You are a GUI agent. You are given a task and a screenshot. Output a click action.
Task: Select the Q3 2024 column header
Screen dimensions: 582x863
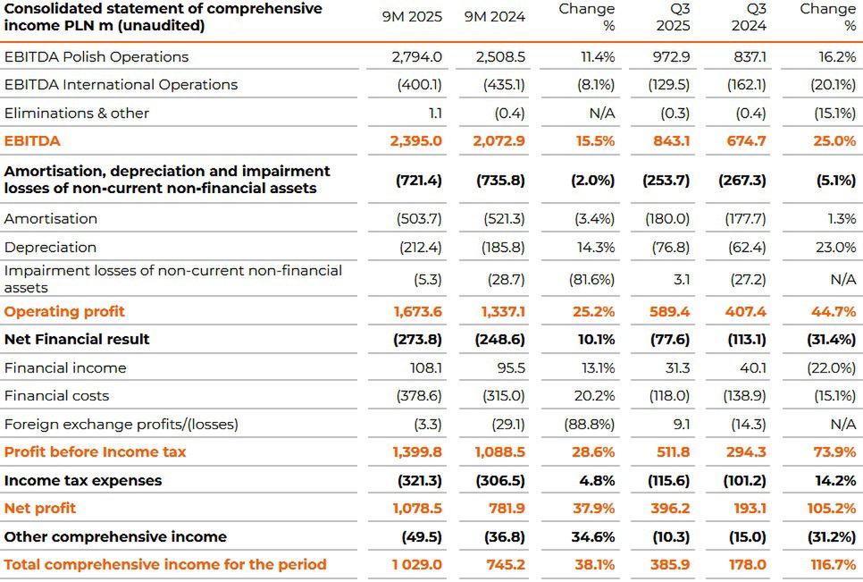(749, 16)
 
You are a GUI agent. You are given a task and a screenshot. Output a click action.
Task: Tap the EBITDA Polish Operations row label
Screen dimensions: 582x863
(96, 56)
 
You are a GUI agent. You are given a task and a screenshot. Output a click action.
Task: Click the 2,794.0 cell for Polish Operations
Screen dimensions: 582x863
(416, 56)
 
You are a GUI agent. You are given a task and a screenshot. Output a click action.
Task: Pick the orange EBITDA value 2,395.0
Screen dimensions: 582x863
(415, 141)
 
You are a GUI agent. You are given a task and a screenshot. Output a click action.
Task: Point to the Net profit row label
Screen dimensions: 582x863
(40, 508)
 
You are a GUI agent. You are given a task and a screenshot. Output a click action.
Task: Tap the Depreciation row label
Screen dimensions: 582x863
(50, 247)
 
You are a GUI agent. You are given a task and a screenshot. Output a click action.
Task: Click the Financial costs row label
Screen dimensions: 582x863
(56, 395)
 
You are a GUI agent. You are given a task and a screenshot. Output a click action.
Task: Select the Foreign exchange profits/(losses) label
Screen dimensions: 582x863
(121, 424)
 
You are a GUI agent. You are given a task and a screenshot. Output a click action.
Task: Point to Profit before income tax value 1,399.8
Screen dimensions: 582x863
(416, 451)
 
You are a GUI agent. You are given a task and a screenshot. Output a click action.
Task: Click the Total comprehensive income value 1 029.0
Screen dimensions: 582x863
(416, 564)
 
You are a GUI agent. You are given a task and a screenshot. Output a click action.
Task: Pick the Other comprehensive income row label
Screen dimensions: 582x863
(115, 536)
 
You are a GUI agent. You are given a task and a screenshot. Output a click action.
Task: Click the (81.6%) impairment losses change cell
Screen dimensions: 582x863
(591, 279)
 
